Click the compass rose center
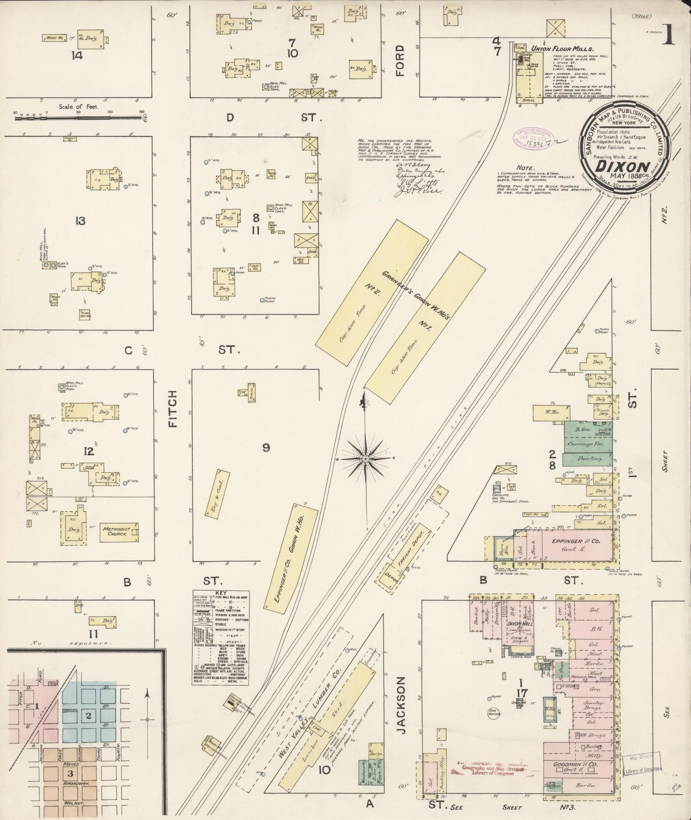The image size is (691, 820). [365, 458]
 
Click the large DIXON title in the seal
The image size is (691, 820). [622, 166]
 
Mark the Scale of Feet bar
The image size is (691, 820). [79, 114]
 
